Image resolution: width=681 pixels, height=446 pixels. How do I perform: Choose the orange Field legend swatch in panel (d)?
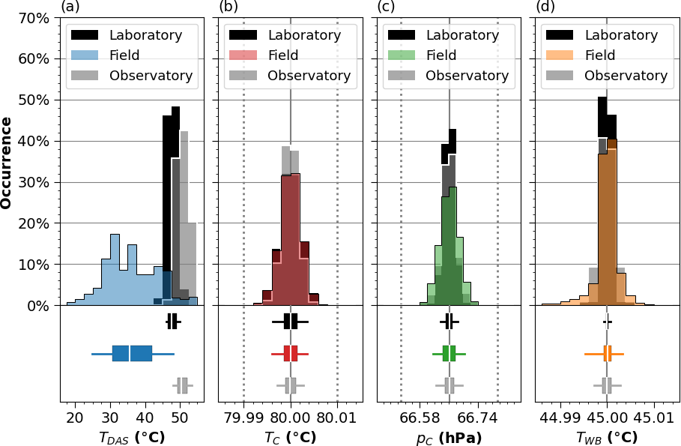point(560,55)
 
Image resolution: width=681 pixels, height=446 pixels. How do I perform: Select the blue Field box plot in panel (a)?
point(132,353)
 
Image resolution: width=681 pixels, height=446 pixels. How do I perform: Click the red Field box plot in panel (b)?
point(291,353)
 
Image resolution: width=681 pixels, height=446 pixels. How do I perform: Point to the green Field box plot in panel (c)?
point(449,353)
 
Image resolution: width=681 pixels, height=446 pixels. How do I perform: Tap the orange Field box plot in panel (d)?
point(608,353)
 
